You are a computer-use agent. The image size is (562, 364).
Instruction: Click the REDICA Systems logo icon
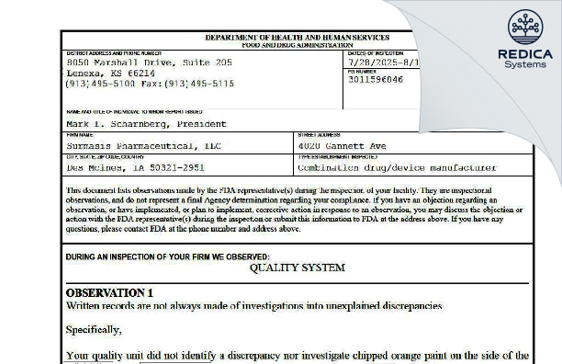(x=525, y=27)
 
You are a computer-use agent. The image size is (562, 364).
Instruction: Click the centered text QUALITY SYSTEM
(x=297, y=267)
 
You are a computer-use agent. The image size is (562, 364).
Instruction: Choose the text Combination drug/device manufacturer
(x=398, y=168)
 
